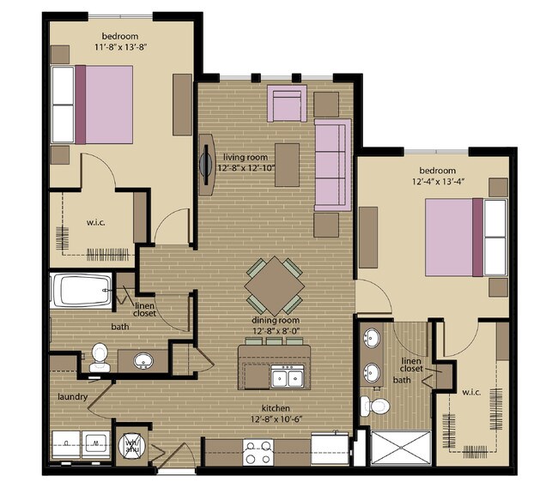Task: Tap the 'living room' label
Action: tap(246, 157)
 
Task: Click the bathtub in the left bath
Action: tap(81, 291)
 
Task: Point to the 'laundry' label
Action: tap(75, 397)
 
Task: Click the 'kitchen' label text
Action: tap(276, 407)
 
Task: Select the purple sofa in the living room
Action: tap(332, 165)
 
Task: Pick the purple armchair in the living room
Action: tap(287, 103)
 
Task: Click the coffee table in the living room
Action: tap(287, 165)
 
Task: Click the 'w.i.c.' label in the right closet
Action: tap(470, 393)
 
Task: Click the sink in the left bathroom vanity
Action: tap(143, 359)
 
